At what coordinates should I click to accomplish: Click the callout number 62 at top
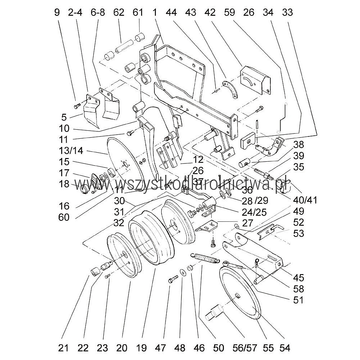coord(118,13)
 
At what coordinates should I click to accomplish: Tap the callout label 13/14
coord(71,150)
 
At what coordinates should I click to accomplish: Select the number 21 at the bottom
coord(63,348)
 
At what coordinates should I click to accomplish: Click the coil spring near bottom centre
coord(204,258)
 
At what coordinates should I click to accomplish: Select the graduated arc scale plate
coord(230,90)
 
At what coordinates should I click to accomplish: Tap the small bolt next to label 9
coord(77,106)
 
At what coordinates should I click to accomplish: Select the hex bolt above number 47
coord(172,279)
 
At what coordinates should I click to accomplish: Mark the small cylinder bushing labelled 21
coord(95,272)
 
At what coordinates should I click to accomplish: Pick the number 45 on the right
coord(298,278)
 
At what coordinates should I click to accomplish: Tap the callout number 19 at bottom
coord(141,348)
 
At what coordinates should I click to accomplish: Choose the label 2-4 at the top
coord(75,13)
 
